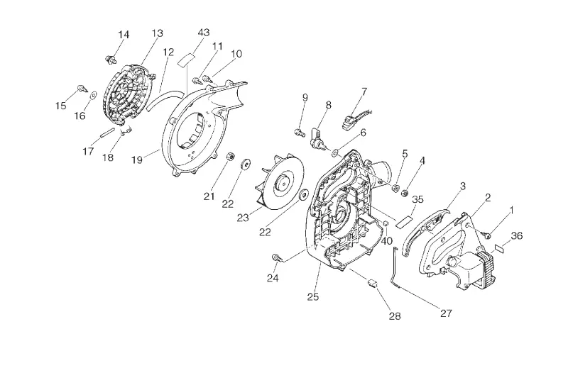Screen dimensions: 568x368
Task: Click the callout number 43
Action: coord(204,32)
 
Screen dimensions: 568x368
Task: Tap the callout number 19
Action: coord(136,160)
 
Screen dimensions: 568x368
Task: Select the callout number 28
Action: coord(395,316)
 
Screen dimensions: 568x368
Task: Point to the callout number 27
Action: coord(447,313)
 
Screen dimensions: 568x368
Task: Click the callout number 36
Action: coord(517,235)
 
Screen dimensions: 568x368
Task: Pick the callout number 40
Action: coord(387,240)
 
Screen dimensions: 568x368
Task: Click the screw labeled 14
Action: coord(111,59)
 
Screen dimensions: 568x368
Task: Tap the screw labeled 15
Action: coord(82,89)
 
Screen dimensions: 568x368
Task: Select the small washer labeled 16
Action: coord(94,95)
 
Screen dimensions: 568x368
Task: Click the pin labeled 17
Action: coord(109,132)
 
